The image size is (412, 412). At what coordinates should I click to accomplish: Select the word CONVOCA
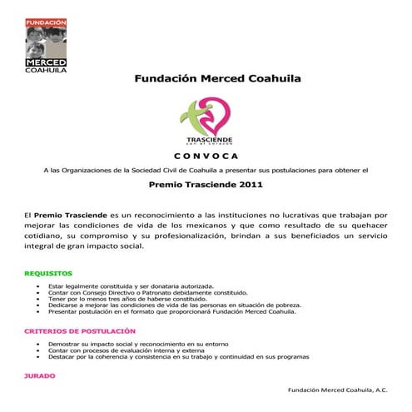[x=206, y=156]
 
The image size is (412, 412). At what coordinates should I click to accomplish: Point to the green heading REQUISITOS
[x=48, y=273]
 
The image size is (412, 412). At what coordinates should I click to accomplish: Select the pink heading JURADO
[x=40, y=375]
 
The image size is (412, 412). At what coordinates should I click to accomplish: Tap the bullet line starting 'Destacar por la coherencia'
[x=180, y=356]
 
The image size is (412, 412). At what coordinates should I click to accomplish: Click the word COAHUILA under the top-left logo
[x=45, y=70]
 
